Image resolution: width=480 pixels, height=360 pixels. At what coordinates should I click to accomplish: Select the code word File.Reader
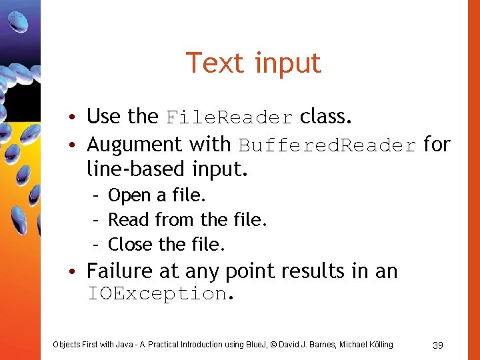point(229,117)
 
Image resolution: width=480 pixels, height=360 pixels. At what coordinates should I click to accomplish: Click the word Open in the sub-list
point(129,196)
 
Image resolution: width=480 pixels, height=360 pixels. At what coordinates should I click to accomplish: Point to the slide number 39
point(438,345)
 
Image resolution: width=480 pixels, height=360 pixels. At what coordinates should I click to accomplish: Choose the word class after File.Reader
point(324,117)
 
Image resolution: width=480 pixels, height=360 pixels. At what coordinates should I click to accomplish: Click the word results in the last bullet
point(314,271)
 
